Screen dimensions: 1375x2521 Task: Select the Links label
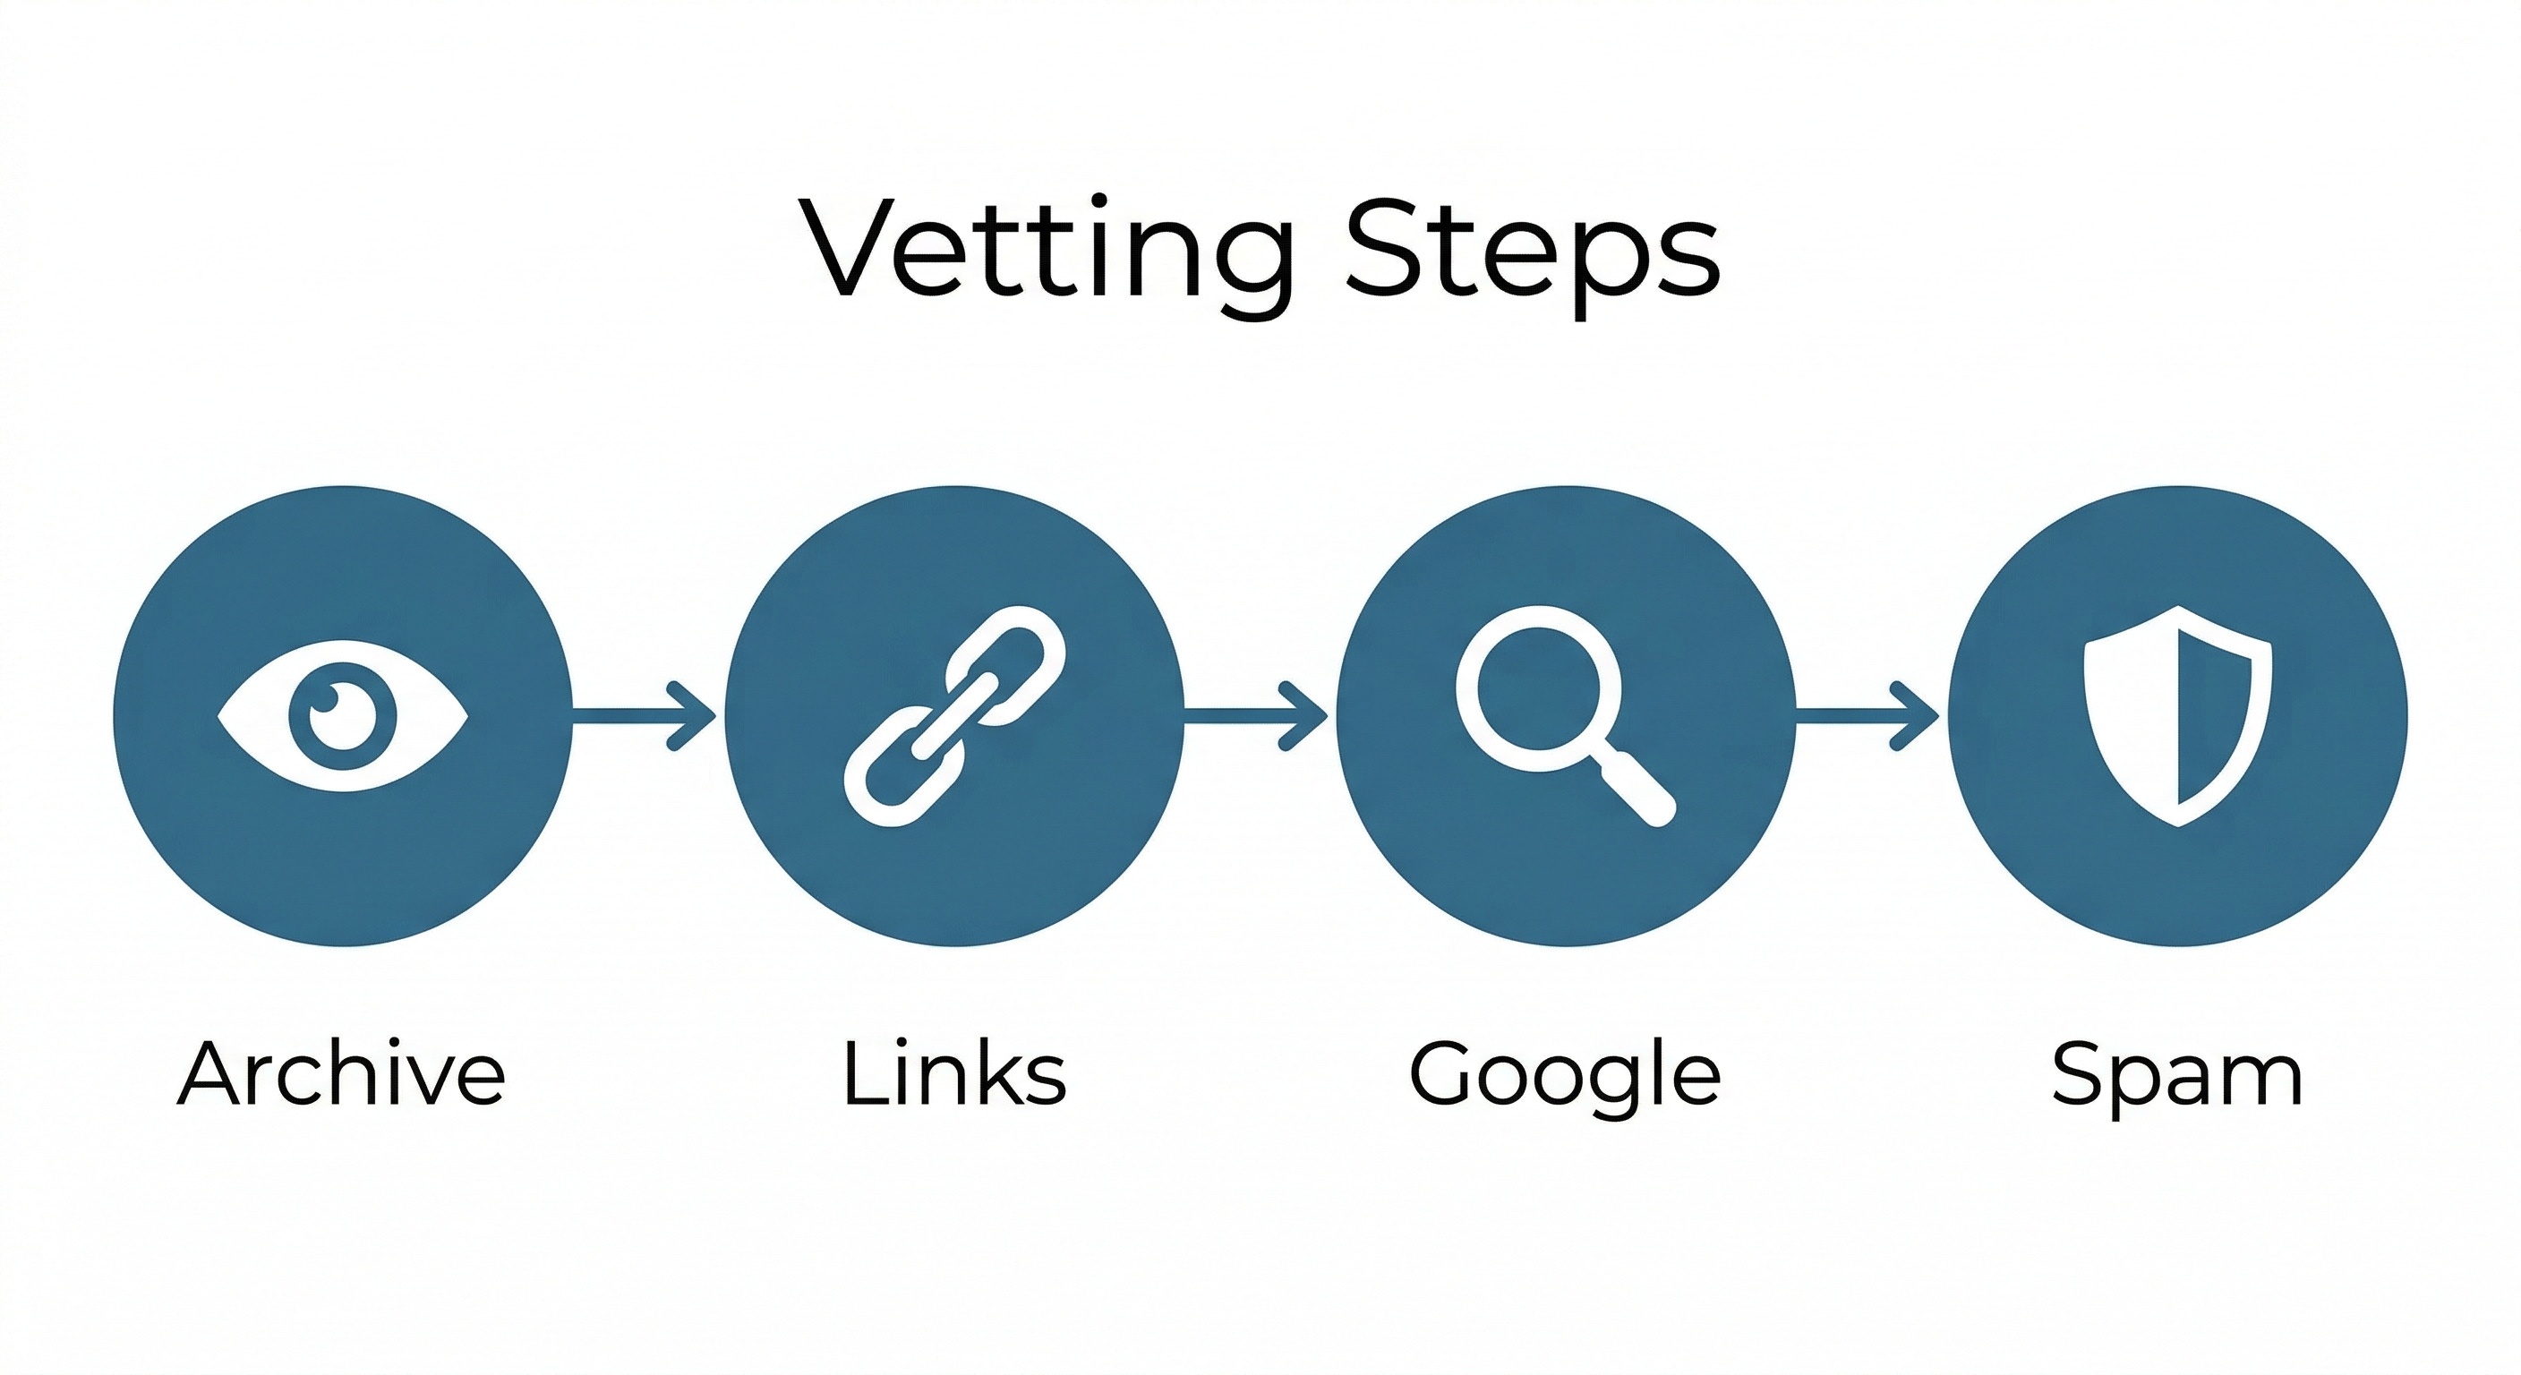coord(954,1073)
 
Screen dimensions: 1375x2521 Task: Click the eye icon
coord(343,715)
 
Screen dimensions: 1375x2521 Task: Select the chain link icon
coord(954,715)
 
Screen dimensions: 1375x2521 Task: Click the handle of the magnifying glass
coord(1637,789)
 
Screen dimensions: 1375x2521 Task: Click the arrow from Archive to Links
coord(645,715)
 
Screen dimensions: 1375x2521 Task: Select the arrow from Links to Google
coord(1258,715)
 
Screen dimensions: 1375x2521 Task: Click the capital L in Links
coord(861,1073)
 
